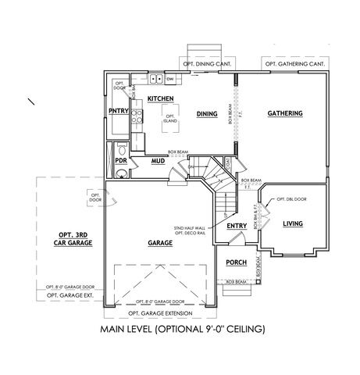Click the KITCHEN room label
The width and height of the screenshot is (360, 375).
point(160,98)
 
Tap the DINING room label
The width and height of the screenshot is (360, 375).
point(206,113)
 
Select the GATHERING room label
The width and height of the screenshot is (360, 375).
point(284,113)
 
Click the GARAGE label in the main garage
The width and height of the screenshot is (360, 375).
point(159,243)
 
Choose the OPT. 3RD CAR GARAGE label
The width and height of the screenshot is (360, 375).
point(75,239)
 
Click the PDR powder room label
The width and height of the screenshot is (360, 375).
point(121,160)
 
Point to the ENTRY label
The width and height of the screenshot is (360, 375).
point(237,227)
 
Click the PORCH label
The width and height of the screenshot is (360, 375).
point(236,262)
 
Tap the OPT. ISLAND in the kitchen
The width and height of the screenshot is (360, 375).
point(169,119)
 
